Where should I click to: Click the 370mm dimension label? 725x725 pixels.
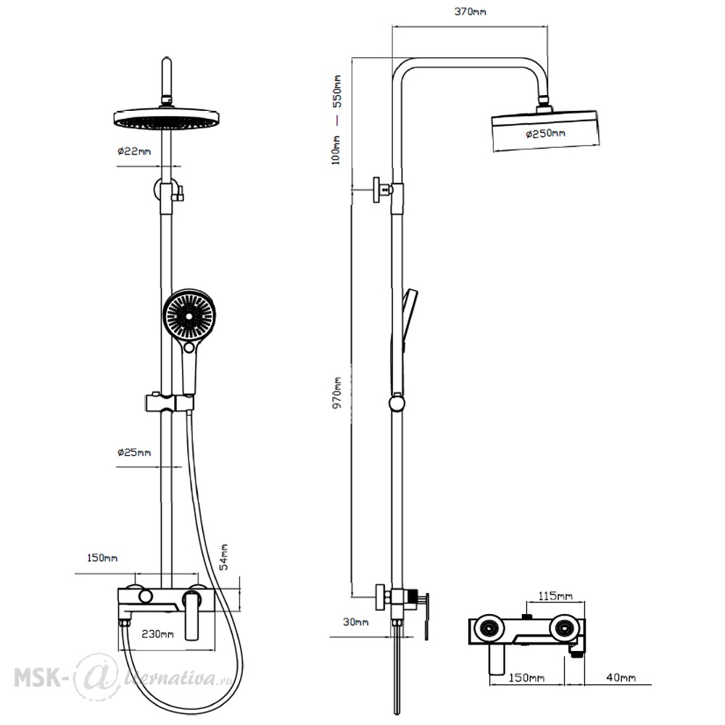pos(470,12)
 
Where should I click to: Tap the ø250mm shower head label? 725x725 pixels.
pos(545,133)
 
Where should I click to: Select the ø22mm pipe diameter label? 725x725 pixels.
pos(134,152)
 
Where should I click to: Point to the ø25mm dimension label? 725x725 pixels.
pos(134,452)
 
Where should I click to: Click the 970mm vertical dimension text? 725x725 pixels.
pos(337,392)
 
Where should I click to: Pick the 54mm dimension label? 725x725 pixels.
pos(224,557)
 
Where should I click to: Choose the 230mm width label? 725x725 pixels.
pos(157,634)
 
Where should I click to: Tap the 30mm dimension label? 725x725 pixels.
pos(355,622)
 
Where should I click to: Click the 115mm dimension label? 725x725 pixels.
pos(555,596)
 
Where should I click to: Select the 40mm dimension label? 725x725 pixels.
pos(621,677)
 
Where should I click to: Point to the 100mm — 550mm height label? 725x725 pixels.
pos(336,120)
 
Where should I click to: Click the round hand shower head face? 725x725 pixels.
pos(189,316)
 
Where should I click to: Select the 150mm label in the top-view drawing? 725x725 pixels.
pos(526,677)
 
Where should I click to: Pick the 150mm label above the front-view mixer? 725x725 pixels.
pos(102,558)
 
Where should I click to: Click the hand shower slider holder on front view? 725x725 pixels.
pos(170,402)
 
